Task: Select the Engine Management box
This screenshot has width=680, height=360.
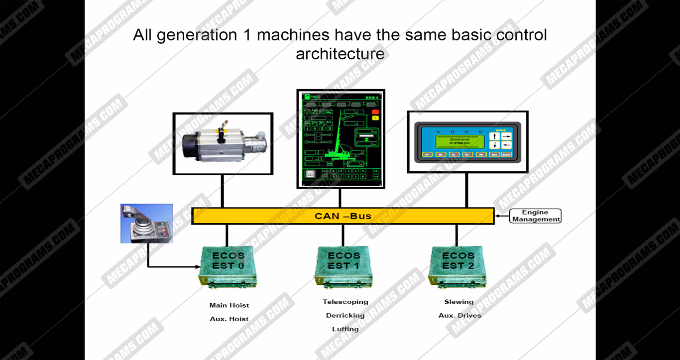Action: pyautogui.click(x=535, y=216)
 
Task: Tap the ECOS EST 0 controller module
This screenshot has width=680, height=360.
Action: pyautogui.click(x=228, y=267)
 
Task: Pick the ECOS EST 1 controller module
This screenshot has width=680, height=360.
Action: pyautogui.click(x=343, y=267)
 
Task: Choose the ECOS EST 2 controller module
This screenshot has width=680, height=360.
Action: pyautogui.click(x=457, y=267)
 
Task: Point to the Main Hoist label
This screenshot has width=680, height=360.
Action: pyautogui.click(x=229, y=305)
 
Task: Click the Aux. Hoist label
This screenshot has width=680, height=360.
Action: pyautogui.click(x=229, y=319)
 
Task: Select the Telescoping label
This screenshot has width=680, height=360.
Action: pyautogui.click(x=345, y=302)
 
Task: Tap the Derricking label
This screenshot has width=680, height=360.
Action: pyautogui.click(x=345, y=315)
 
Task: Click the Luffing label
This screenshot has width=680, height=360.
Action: pyautogui.click(x=345, y=329)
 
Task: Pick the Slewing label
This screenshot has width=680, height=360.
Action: pyautogui.click(x=459, y=302)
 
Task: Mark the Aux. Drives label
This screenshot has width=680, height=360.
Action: pyautogui.click(x=460, y=315)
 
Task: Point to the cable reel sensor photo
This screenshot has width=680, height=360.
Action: pyautogui.click(x=223, y=143)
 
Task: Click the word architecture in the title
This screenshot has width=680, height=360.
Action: pyautogui.click(x=340, y=54)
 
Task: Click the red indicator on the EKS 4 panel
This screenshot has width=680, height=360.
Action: pyautogui.click(x=375, y=112)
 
